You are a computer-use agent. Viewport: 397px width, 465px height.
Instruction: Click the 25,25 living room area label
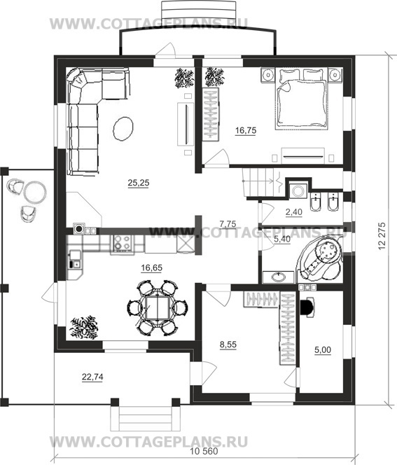coord(139,183)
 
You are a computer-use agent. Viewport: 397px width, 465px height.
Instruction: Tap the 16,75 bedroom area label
coord(246,130)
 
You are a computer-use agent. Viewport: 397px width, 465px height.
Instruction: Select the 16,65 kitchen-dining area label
coord(151,268)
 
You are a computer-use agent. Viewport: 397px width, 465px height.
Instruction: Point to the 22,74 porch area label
coord(92,377)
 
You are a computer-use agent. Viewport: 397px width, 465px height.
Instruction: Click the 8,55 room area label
coord(228,345)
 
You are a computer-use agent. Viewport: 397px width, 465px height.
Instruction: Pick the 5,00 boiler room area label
coord(323,350)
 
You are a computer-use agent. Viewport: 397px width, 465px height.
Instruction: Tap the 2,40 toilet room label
coord(294,212)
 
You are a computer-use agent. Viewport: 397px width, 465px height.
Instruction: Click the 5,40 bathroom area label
coord(282,239)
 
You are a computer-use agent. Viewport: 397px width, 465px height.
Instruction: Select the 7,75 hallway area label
coord(228,224)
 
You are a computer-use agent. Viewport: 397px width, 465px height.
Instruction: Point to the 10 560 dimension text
coord(204,451)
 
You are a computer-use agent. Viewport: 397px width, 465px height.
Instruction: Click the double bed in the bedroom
coord(302,99)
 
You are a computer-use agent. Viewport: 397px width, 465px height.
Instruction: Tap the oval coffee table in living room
coord(123,128)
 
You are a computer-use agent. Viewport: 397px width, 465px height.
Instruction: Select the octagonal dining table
coord(158,307)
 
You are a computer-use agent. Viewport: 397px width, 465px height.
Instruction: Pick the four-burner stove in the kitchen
coord(122,243)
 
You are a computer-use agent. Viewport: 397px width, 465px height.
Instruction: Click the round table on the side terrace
coord(35,192)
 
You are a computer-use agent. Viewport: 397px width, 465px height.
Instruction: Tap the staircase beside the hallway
coord(262,182)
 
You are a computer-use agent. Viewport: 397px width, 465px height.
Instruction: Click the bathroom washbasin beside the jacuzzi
coord(279,277)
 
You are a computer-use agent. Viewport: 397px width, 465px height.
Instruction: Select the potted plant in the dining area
coord(84,328)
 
